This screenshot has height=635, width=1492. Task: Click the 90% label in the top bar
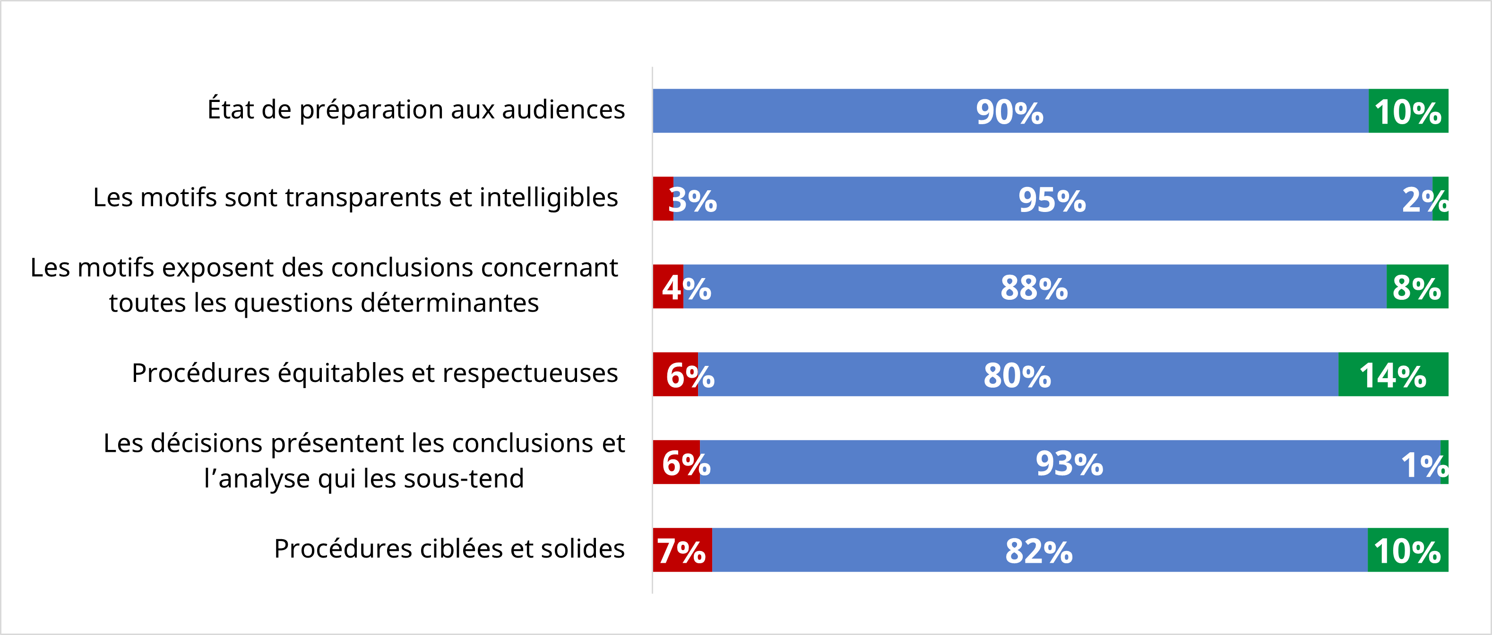coord(1009,112)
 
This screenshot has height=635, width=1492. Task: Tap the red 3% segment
coord(663,199)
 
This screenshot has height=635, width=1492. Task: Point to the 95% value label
coord(1052,200)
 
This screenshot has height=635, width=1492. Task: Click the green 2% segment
coord(1440,199)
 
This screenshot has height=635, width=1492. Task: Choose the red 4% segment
coord(668,287)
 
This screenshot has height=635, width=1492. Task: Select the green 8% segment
coord(1417,287)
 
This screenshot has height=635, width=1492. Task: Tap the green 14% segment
coord(1393,375)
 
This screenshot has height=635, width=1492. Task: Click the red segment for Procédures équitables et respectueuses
coord(675,375)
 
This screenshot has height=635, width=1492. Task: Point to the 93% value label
coord(1069,464)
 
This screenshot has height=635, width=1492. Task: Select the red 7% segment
coord(681,550)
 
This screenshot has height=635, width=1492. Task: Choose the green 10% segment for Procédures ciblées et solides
coord(1407,550)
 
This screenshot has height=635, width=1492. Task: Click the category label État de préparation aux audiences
coord(416,110)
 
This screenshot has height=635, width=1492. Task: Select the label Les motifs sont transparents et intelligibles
coord(355,198)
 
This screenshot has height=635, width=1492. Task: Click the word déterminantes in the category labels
coord(449,303)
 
